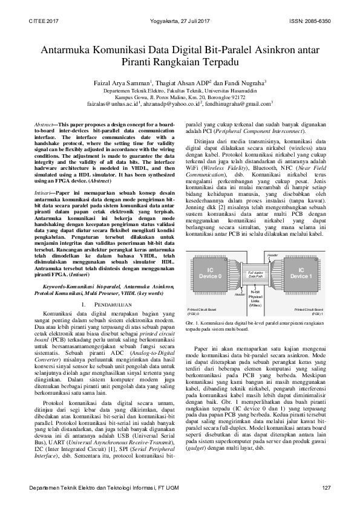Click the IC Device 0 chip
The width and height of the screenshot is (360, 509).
pyautogui.click(x=211, y=273)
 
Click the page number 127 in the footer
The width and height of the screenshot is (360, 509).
pyautogui.click(x=326, y=487)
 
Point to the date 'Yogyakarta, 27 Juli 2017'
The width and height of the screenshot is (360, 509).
pyautogui.click(x=180, y=21)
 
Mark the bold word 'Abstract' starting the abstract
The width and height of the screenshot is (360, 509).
pyautogui.click(x=43, y=124)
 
